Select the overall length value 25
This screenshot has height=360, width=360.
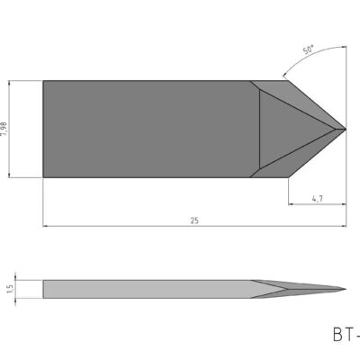[x=195, y=219]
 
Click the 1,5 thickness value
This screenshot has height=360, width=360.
[x=8, y=288]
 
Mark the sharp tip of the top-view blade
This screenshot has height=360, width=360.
[x=346, y=129]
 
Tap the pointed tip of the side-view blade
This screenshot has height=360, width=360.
[x=346, y=288]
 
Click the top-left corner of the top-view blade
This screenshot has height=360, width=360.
[x=43, y=81]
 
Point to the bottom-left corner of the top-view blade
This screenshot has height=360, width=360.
[x=43, y=176]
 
